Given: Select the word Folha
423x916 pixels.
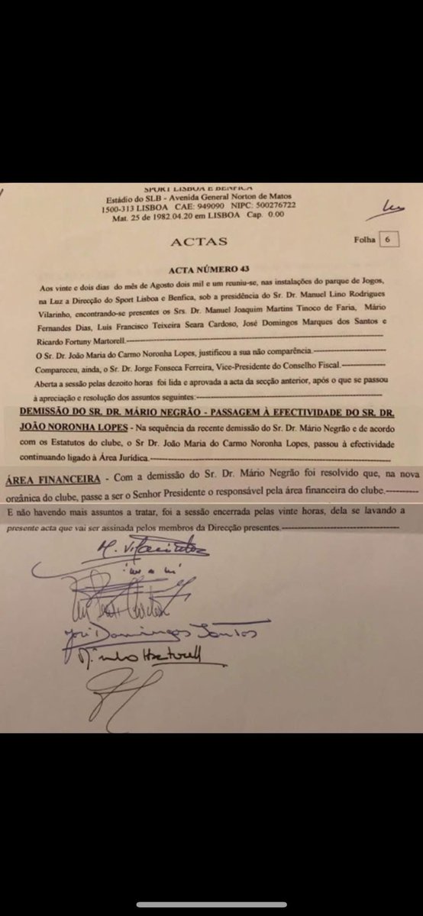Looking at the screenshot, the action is pos(364,239).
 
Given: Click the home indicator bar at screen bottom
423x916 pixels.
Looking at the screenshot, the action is pos(211,905).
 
